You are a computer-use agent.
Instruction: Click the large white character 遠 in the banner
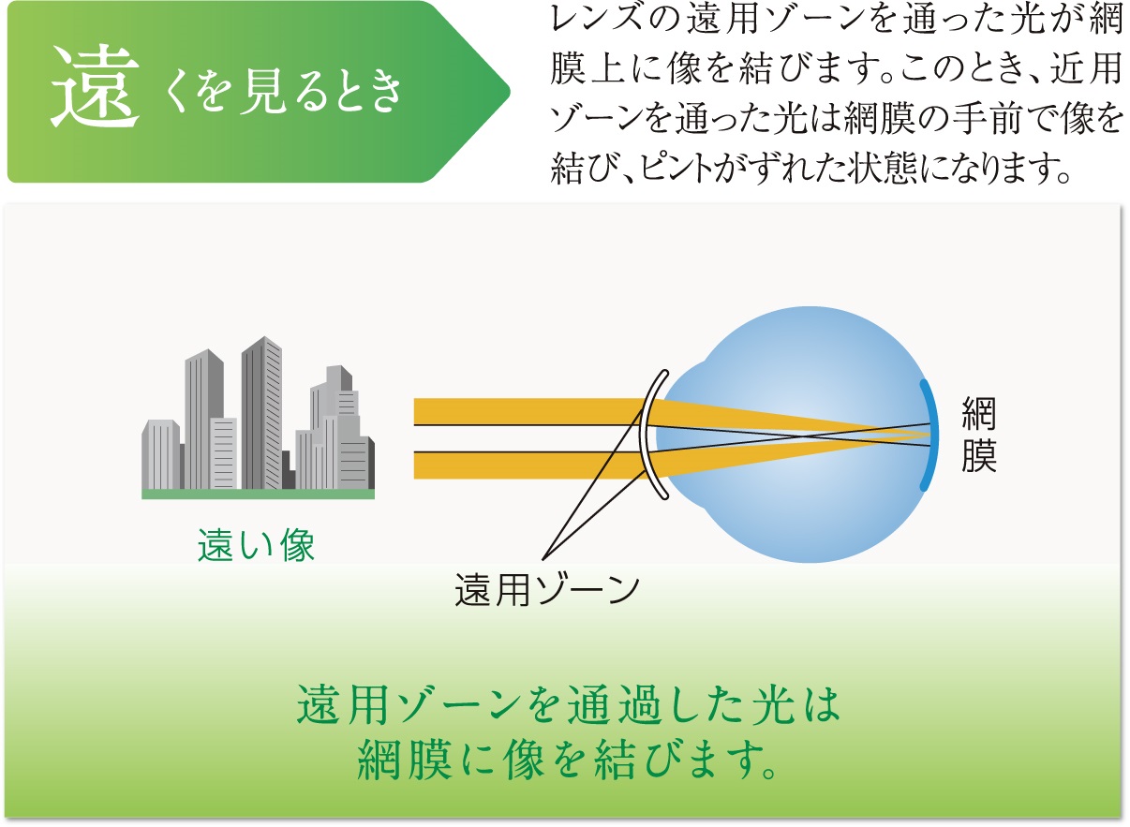95,86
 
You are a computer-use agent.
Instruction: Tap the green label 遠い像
257,545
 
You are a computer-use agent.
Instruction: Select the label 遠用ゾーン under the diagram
547,589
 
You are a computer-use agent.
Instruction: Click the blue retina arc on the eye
931,435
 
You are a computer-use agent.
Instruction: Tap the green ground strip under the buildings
258,494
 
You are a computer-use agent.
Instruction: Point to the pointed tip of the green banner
509,92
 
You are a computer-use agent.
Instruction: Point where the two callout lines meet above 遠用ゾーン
543,559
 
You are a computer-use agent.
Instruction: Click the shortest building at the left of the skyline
161,454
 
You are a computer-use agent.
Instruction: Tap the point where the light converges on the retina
930,435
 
